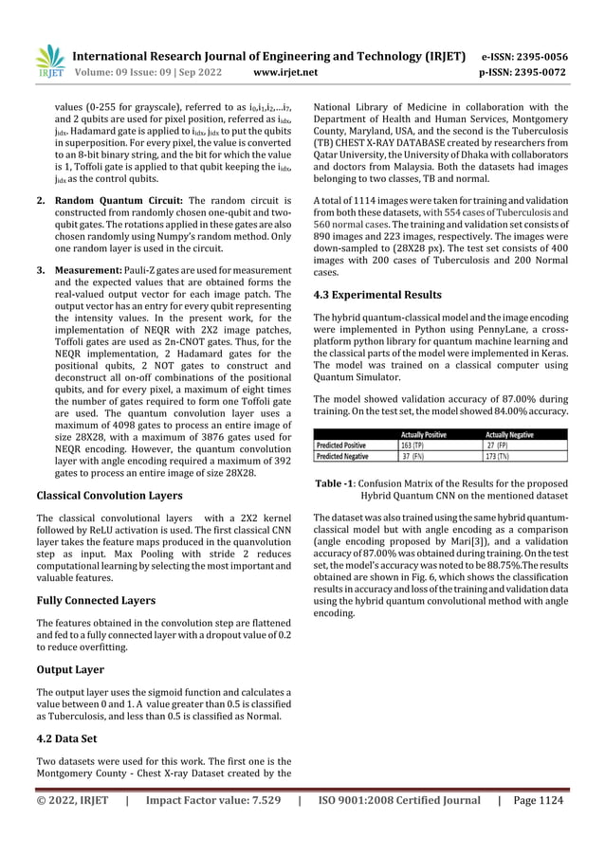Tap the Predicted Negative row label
(344, 456)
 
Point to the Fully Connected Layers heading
(96, 600)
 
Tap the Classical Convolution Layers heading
(109, 495)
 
